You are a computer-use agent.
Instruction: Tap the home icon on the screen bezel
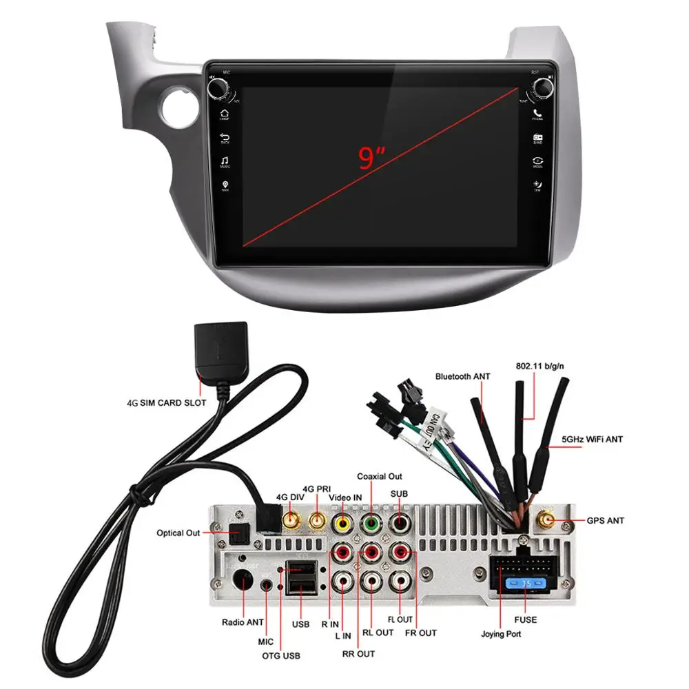coord(225,113)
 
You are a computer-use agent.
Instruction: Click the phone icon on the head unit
coord(537,113)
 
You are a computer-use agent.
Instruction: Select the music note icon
coord(225,161)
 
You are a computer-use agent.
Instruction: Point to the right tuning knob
coord(542,87)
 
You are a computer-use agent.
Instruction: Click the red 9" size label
coord(370,158)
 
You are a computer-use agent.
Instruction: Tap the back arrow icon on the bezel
coord(225,137)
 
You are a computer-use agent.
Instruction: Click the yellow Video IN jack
coord(341,523)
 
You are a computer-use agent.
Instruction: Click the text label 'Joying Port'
coord(501,635)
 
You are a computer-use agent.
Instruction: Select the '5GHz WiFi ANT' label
coord(593,439)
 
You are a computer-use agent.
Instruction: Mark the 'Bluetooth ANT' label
coord(462,376)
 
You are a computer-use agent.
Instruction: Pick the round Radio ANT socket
coord(243,583)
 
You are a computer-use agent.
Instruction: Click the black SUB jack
coord(400,523)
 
